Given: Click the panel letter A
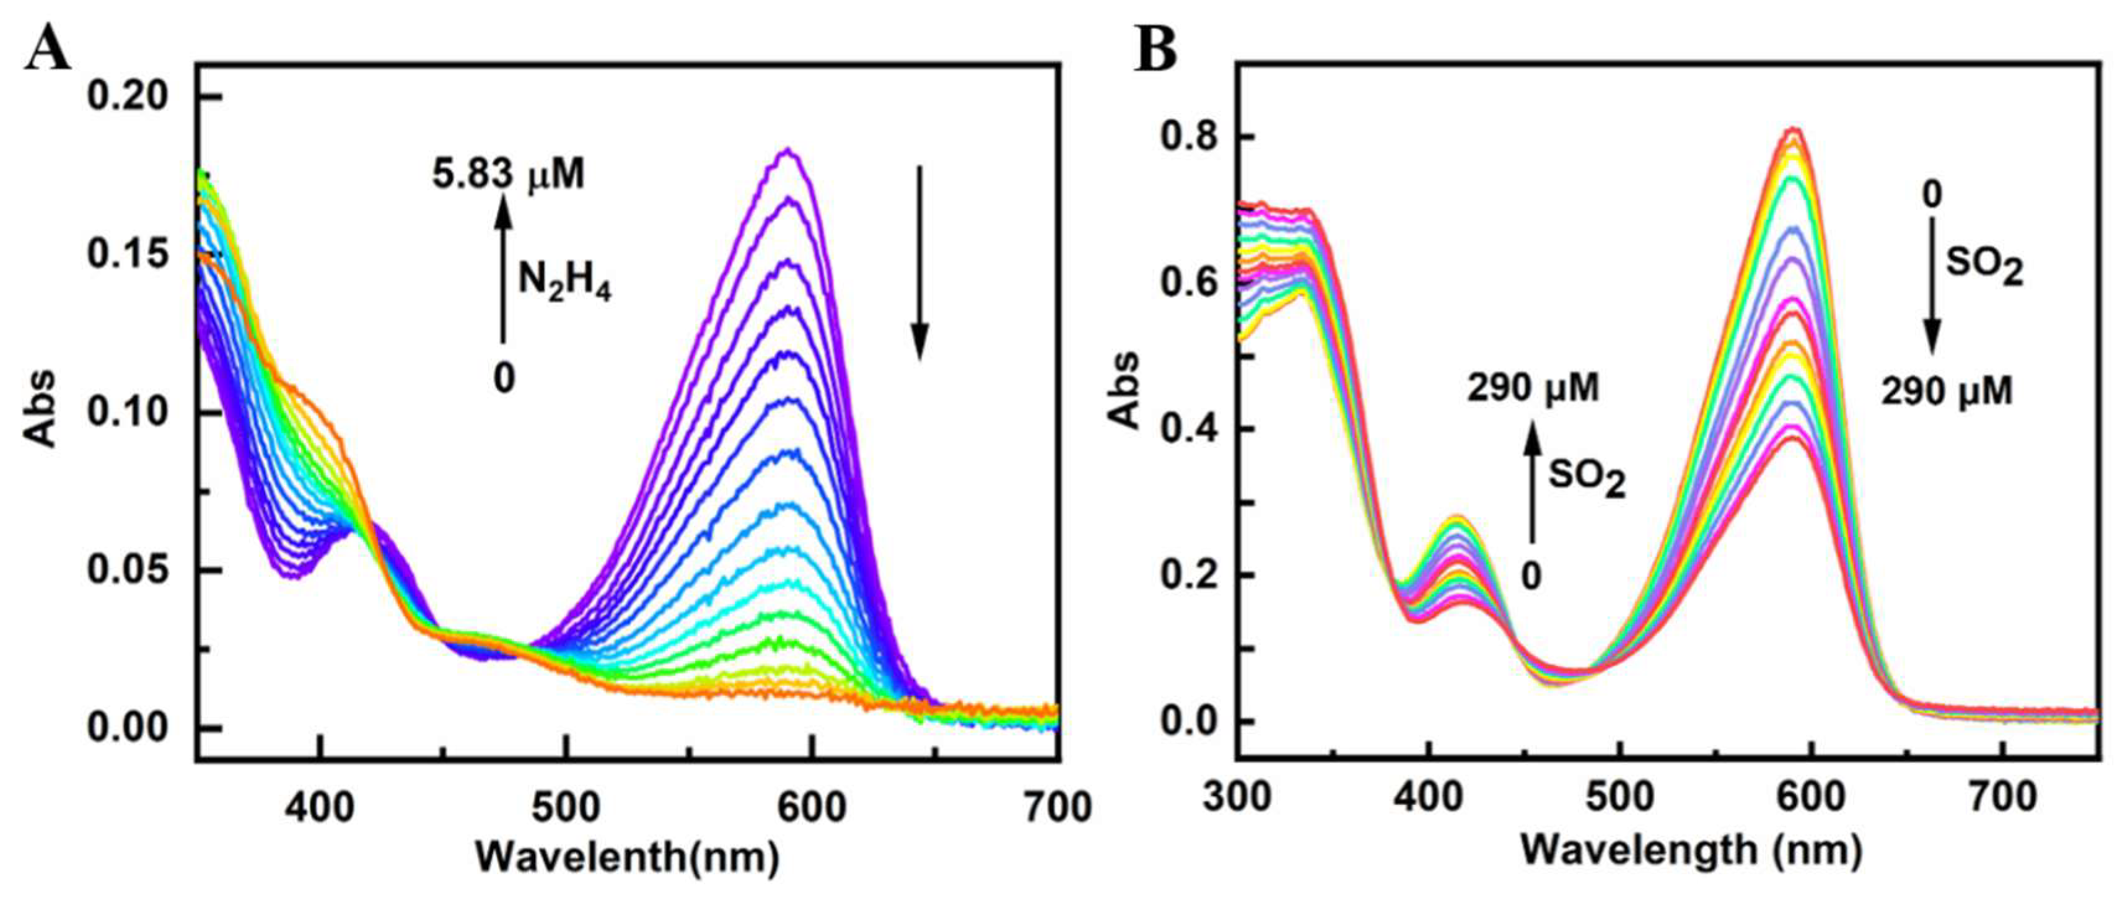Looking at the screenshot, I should pyautogui.click(x=47, y=47).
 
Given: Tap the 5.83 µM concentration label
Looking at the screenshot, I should pyautogui.click(x=508, y=175).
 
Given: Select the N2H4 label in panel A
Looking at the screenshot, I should pyautogui.click(x=564, y=281).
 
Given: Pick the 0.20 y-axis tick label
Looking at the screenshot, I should pyautogui.click(x=127, y=97).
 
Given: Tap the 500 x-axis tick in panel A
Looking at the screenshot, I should pyautogui.click(x=566, y=807).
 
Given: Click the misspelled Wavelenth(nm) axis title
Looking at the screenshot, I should pyautogui.click(x=627, y=857).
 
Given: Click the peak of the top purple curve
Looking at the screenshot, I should pyautogui.click(x=788, y=150).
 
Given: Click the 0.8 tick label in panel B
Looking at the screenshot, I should pyautogui.click(x=1188, y=137).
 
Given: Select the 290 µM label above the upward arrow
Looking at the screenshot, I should pyautogui.click(x=1533, y=388).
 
